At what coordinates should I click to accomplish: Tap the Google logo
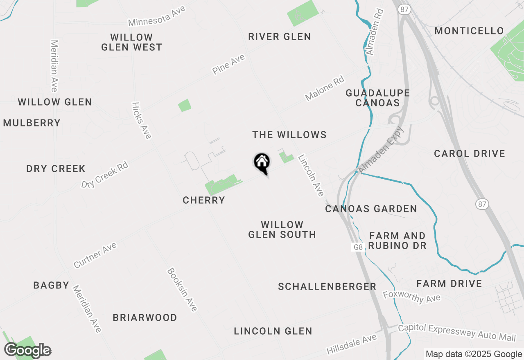[x=27, y=350]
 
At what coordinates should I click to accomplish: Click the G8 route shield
[x=358, y=247]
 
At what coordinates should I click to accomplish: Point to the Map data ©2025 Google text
[x=474, y=354]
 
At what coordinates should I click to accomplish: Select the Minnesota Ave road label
[x=157, y=16]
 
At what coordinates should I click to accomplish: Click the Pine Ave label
[x=228, y=64]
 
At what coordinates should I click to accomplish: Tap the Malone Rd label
[x=325, y=88]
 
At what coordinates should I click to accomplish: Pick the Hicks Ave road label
[x=142, y=120]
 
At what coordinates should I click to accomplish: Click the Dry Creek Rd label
[x=105, y=175]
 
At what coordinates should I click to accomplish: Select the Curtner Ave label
[x=95, y=255]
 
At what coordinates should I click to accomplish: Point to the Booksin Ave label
[x=182, y=290]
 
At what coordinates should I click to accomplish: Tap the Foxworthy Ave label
[x=411, y=297]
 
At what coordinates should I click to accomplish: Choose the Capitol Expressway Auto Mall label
[x=457, y=333]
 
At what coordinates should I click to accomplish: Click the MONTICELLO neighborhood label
[x=469, y=31]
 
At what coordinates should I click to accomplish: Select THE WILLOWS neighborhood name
[x=289, y=135]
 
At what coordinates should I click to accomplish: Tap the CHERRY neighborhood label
[x=204, y=200]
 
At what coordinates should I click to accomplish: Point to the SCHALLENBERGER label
[x=327, y=286]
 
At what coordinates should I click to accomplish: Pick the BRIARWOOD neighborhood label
[x=145, y=317]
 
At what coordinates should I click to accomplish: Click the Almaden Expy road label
[x=381, y=150]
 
